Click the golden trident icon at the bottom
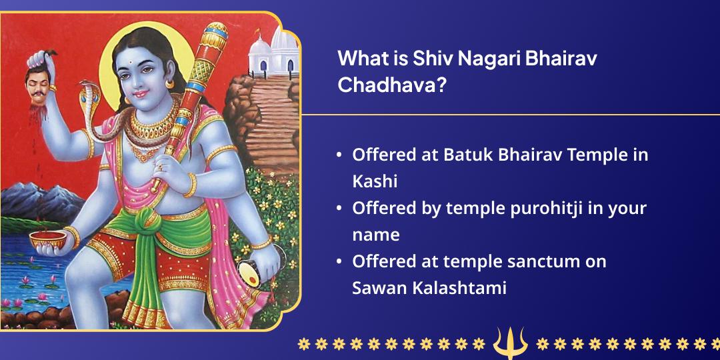(510, 343)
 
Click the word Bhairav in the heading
(561, 59)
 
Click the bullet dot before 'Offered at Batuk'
(339, 155)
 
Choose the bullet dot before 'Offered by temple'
(339, 208)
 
